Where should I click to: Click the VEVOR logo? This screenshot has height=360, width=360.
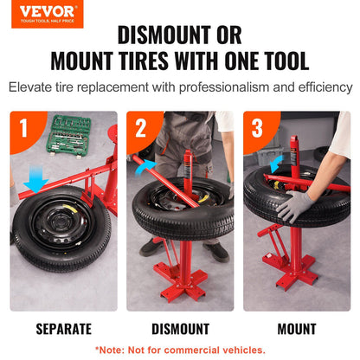pyautogui.click(x=48, y=14)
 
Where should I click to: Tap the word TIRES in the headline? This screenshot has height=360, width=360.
pyautogui.click(x=144, y=61)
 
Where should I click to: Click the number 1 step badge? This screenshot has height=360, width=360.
pyautogui.click(x=24, y=128)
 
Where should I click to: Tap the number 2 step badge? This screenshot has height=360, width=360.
pyautogui.click(x=141, y=129)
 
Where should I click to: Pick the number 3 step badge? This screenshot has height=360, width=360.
pyautogui.click(x=257, y=129)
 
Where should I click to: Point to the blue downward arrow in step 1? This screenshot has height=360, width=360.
pyautogui.click(x=35, y=179)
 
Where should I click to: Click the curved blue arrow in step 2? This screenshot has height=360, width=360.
pyautogui.click(x=145, y=166)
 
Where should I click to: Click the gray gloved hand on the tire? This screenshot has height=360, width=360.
pyautogui.click(x=295, y=206)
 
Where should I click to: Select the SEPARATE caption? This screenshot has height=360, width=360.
pyautogui.click(x=64, y=329)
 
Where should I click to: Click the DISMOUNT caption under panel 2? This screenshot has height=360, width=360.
pyautogui.click(x=181, y=329)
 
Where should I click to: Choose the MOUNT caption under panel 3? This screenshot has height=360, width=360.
pyautogui.click(x=297, y=329)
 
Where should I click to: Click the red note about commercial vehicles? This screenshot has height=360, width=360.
pyautogui.click(x=180, y=350)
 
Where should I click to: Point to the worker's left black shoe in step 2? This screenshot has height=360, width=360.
pyautogui.click(x=216, y=251)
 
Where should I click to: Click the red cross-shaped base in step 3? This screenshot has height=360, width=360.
pyautogui.click(x=292, y=268)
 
